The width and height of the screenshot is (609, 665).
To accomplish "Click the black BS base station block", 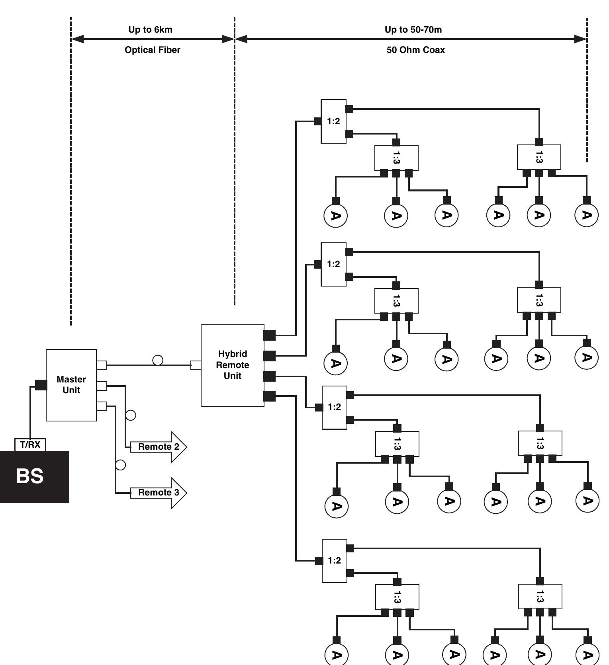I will pyautogui.click(x=34, y=476).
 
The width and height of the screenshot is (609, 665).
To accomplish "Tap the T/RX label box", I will pyautogui.click(x=30, y=445).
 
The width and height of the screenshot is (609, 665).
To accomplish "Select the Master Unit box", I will pyautogui.click(x=71, y=385).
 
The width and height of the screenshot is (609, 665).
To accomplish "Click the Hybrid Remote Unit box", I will pyautogui.click(x=232, y=365).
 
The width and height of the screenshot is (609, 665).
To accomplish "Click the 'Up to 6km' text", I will pyautogui.click(x=150, y=29).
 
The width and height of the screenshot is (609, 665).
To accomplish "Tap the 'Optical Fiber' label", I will pyautogui.click(x=152, y=50).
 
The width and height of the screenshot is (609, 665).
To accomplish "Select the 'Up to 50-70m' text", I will pyautogui.click(x=413, y=29).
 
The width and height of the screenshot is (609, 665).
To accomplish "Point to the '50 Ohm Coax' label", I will pyautogui.click(x=415, y=50).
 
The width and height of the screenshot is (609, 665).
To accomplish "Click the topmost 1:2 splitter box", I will pyautogui.click(x=333, y=121).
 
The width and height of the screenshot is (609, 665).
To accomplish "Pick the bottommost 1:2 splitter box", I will pyautogui.click(x=334, y=560).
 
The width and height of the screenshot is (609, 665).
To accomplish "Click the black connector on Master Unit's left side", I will pyautogui.click(x=41, y=385).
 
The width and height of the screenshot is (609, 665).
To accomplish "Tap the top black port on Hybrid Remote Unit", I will pyautogui.click(x=270, y=335).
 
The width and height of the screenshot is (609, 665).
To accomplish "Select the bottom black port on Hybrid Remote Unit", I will pyautogui.click(x=270, y=396).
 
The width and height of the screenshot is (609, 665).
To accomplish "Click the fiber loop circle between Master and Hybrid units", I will pyautogui.click(x=158, y=360).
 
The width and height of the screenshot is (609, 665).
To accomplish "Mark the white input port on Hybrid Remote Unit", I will pyautogui.click(x=196, y=365).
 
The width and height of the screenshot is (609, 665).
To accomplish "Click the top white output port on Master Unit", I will pyautogui.click(x=102, y=365).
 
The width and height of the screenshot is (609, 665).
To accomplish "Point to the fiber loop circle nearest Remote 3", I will pyautogui.click(x=120, y=464).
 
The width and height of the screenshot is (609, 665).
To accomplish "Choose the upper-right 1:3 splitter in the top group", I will pyautogui.click(x=539, y=157).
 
